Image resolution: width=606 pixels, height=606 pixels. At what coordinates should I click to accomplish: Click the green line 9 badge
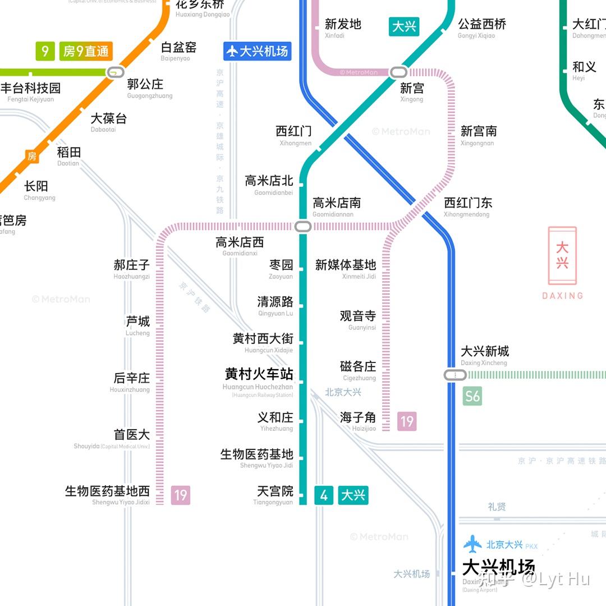pyautogui.click(x=45, y=52)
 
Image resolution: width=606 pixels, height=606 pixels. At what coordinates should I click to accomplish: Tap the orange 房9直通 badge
pyautogui.click(x=86, y=52)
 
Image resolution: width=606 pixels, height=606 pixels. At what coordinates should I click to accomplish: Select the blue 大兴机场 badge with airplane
pyautogui.click(x=257, y=52)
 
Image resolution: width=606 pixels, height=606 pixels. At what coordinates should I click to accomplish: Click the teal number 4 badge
pyautogui.click(x=324, y=495)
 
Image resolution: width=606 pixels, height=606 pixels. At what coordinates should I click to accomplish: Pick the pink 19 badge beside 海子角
pyautogui.click(x=407, y=421)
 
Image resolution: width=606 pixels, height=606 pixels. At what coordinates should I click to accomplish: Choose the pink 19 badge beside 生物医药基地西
pyautogui.click(x=180, y=495)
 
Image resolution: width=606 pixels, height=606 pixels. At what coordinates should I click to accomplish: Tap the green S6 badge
pyautogui.click(x=472, y=397)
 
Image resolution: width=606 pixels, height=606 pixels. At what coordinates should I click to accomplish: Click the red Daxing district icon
pyautogui.click(x=562, y=256)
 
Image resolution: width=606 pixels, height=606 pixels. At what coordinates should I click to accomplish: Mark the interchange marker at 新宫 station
pyautogui.click(x=399, y=72)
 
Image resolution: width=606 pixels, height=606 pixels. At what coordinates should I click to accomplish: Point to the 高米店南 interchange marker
pyautogui.click(x=302, y=227)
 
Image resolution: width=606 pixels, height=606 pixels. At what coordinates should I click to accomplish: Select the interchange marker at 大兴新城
pyautogui.click(x=452, y=375)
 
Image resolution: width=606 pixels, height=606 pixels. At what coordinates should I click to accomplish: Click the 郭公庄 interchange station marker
pyautogui.click(x=116, y=72)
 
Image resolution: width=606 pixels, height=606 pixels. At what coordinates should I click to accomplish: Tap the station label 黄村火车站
pyautogui.click(x=259, y=374)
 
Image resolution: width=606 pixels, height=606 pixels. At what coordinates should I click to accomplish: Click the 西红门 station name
pyautogui.click(x=293, y=131)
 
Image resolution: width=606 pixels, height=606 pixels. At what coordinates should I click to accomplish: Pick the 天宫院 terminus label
pyautogui.click(x=275, y=491)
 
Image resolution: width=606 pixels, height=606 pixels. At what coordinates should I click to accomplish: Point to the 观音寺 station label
pyautogui.click(x=358, y=316)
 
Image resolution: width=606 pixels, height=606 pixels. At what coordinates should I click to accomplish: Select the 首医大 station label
pyautogui.click(x=132, y=434)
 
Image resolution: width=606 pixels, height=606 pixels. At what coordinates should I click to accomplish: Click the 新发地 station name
pyautogui.click(x=343, y=24)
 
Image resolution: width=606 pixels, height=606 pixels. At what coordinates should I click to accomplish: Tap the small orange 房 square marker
pyautogui.click(x=32, y=157)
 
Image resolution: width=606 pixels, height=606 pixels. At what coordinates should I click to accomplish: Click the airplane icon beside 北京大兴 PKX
pyautogui.click(x=472, y=544)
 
